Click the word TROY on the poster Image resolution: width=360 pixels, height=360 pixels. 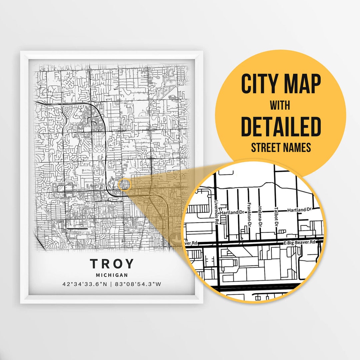(x=112, y=264)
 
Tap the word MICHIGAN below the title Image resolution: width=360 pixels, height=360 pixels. (x=112, y=275)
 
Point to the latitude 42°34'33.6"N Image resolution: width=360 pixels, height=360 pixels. (x=84, y=284)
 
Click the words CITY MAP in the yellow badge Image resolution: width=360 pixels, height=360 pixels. (x=281, y=84)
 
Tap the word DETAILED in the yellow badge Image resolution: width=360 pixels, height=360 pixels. (x=281, y=127)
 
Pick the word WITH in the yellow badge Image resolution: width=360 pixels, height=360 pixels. (x=280, y=105)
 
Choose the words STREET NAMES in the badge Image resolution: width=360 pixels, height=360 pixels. (x=280, y=147)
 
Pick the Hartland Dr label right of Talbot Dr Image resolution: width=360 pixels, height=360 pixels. (x=299, y=210)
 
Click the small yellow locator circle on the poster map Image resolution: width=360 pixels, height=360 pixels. (x=124, y=185)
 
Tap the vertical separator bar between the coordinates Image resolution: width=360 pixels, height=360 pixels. (x=112, y=284)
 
